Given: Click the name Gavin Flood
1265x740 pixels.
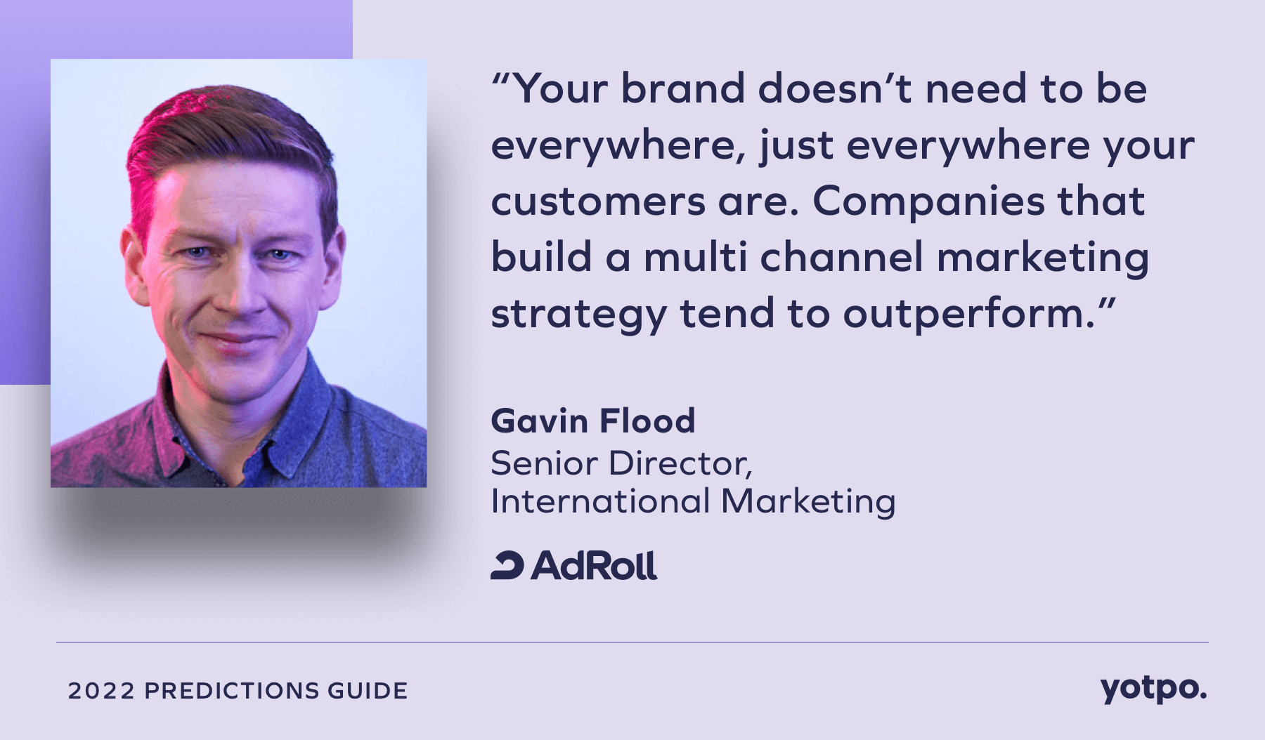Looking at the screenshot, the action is pyautogui.click(x=593, y=421).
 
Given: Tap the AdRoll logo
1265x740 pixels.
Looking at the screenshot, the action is pyautogui.click(x=574, y=566).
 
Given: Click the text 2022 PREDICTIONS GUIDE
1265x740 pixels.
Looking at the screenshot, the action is pyautogui.click(x=238, y=691).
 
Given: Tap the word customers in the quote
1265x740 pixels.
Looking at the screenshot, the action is pyautogui.click(x=598, y=201).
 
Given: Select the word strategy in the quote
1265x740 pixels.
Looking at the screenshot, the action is pyautogui.click(x=578, y=314).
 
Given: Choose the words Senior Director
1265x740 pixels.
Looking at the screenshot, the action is pyautogui.click(x=621, y=463).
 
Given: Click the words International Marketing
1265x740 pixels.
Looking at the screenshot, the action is pyautogui.click(x=693, y=501).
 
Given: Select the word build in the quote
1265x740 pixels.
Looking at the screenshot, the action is pyautogui.click(x=541, y=257).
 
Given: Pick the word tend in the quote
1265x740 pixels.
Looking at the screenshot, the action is pyautogui.click(x=727, y=314).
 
